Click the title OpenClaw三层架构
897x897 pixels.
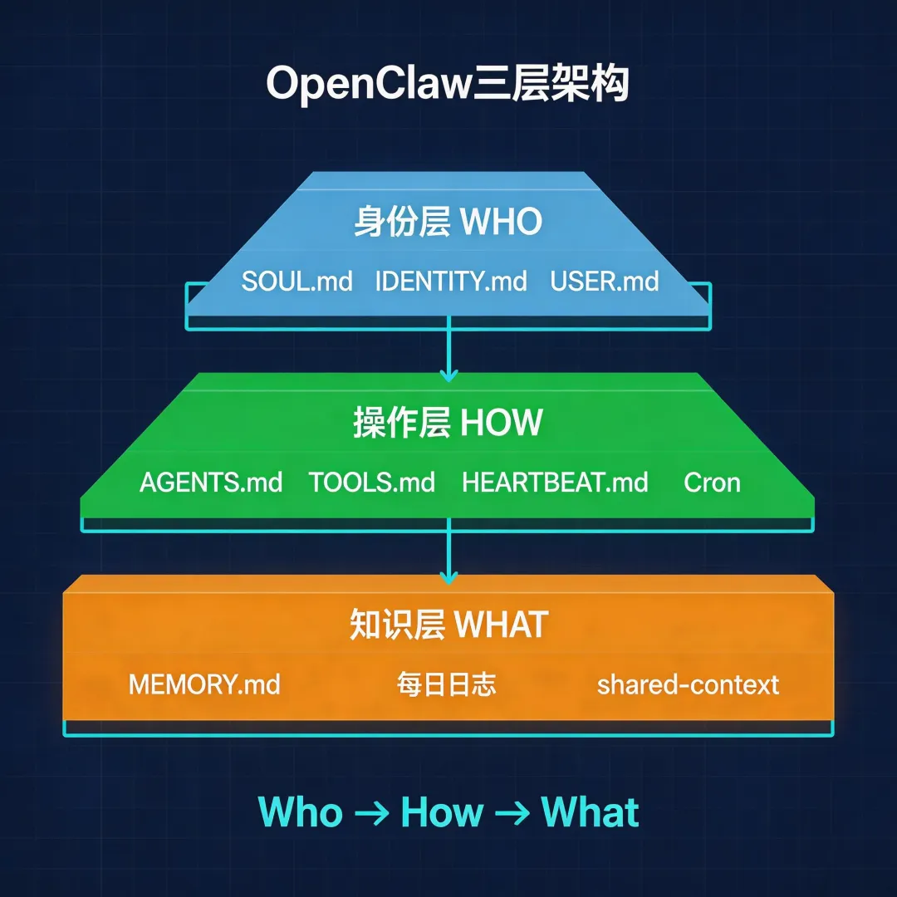(x=448, y=84)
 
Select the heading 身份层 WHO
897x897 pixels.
(x=448, y=222)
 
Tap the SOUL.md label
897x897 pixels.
(x=297, y=281)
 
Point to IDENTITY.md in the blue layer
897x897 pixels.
(x=451, y=281)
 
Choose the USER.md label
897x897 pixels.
(x=604, y=281)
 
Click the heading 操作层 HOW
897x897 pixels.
(x=448, y=423)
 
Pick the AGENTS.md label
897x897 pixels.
(x=211, y=483)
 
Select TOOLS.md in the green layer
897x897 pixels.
(x=371, y=483)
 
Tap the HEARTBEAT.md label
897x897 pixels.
(x=555, y=483)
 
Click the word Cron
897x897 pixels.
(x=712, y=483)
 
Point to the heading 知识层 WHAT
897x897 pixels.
(x=448, y=625)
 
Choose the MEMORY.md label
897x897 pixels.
(x=204, y=684)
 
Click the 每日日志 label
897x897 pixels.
(x=446, y=684)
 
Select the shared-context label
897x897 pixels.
(x=688, y=684)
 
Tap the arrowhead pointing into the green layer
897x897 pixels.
(x=448, y=376)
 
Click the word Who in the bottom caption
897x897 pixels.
(x=301, y=811)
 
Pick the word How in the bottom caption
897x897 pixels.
(x=441, y=811)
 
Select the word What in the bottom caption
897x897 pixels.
(x=590, y=811)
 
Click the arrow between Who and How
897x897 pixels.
(x=371, y=812)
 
